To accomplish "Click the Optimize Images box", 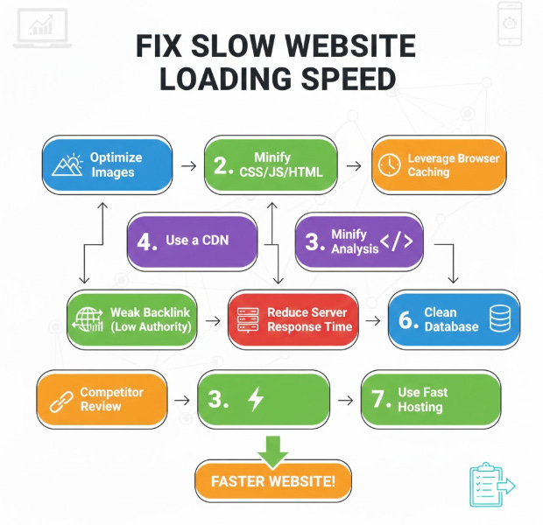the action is click(x=105, y=164).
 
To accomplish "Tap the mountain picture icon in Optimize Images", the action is click(x=67, y=164).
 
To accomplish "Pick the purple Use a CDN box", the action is click(x=192, y=241).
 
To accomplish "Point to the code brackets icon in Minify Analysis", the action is click(x=396, y=241).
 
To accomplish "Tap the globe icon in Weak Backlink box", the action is click(x=88, y=320).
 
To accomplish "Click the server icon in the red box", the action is click(x=248, y=320).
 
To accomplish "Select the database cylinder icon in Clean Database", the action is click(x=499, y=319).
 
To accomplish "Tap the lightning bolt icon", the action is click(x=256, y=400).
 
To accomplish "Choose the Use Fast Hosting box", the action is click(x=431, y=400).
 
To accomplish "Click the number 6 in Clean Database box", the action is click(x=407, y=319).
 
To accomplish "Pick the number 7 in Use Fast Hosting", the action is click(x=379, y=400).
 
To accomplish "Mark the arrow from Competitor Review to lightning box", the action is click(x=182, y=400).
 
